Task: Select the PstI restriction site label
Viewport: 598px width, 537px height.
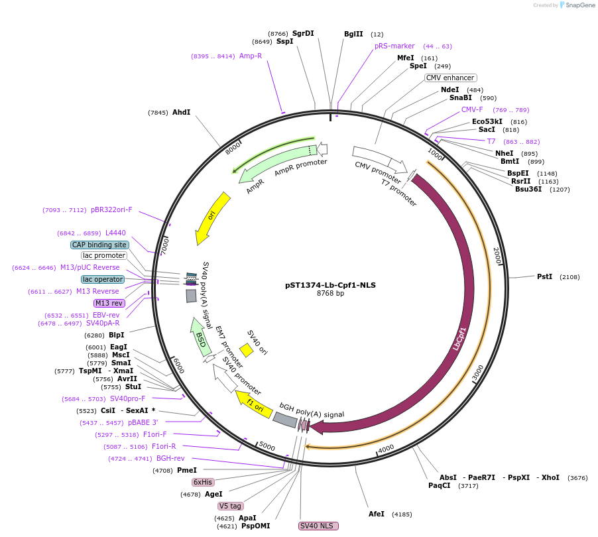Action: tap(544, 276)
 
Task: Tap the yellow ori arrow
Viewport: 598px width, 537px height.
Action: tap(211, 217)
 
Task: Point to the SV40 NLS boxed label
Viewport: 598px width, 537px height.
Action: tap(318, 526)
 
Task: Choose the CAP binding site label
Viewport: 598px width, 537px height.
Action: tap(99, 245)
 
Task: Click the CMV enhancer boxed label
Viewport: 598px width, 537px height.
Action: tap(450, 78)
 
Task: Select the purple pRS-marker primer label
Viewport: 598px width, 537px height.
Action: tap(394, 46)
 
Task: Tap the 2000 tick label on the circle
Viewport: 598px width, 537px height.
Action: tap(497, 256)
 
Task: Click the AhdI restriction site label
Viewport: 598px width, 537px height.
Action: tap(181, 113)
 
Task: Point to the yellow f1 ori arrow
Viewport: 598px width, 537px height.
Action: tap(254, 404)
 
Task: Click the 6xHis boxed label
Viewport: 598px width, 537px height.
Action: tap(203, 482)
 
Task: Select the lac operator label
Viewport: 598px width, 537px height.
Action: tap(103, 279)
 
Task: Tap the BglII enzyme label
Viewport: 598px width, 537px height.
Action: tap(353, 34)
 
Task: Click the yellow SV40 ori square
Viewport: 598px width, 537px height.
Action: tap(247, 349)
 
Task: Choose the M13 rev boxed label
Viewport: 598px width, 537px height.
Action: tap(109, 303)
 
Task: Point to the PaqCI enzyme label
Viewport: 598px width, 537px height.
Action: tap(439, 485)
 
